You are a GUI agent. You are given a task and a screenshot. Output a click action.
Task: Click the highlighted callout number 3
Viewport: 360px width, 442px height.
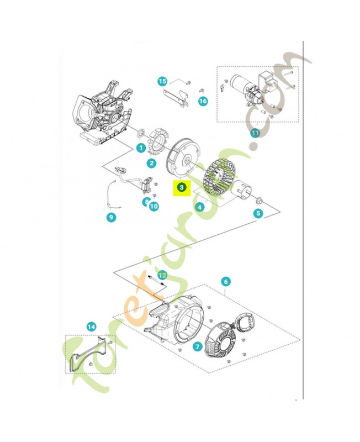pos(182,187)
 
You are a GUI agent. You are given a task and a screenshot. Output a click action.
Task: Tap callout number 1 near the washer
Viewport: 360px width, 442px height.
pos(141,148)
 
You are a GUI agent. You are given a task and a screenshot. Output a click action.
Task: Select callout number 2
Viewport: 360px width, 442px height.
pos(151,163)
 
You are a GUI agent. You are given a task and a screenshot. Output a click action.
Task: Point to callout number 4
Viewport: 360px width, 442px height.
pos(200,207)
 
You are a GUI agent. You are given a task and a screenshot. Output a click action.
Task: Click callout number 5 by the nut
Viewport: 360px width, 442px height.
pos(258,213)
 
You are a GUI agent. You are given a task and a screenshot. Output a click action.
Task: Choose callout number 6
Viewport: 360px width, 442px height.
pos(226,281)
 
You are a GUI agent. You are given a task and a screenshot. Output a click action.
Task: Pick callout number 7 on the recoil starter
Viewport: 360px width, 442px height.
pos(197,346)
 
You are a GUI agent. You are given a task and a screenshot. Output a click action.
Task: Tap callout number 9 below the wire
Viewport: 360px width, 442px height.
pos(112,217)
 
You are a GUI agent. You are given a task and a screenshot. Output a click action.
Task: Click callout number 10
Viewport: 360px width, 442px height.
pos(154,206)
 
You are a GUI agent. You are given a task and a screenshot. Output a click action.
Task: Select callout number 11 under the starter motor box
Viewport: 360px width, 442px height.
pos(255,133)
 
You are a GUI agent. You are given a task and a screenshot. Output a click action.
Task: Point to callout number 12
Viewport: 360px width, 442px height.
pos(162,275)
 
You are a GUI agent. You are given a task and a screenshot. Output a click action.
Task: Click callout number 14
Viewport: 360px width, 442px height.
pos(91,327)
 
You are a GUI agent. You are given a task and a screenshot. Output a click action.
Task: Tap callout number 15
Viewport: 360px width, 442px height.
pos(162,81)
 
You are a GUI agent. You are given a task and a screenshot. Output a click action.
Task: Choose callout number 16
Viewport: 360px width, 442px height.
pos(203,101)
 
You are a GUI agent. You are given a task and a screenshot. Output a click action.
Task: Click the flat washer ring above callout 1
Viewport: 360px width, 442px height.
pos(141,134)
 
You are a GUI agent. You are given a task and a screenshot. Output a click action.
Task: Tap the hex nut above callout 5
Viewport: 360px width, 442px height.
pos(258,201)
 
